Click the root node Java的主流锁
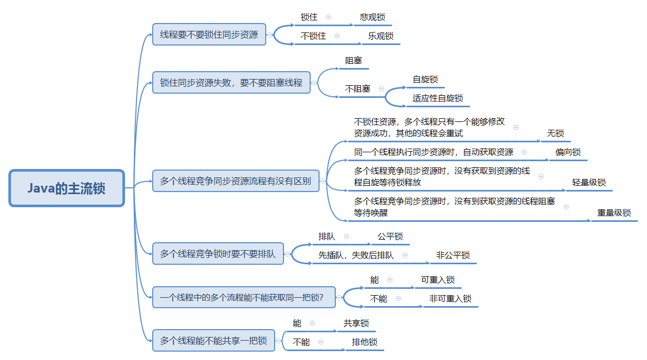click(66, 188)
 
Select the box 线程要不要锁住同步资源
click(209, 35)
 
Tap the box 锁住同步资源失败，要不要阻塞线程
click(231, 83)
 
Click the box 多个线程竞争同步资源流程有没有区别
click(235, 182)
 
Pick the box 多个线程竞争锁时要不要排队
click(218, 254)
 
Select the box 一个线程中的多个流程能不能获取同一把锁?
click(241, 298)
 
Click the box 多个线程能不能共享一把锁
click(213, 341)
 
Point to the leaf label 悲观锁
click(372, 17)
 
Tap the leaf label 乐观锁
click(381, 36)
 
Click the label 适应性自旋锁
click(438, 98)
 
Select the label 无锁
click(555, 133)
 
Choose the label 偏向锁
click(568, 152)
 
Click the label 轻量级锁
click(589, 182)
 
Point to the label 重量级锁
click(614, 213)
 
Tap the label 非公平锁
click(453, 255)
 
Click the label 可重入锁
click(438, 280)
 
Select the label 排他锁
click(365, 342)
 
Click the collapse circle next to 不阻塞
click(381, 89)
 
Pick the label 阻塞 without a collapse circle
click(354, 61)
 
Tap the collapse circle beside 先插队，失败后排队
click(405, 255)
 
